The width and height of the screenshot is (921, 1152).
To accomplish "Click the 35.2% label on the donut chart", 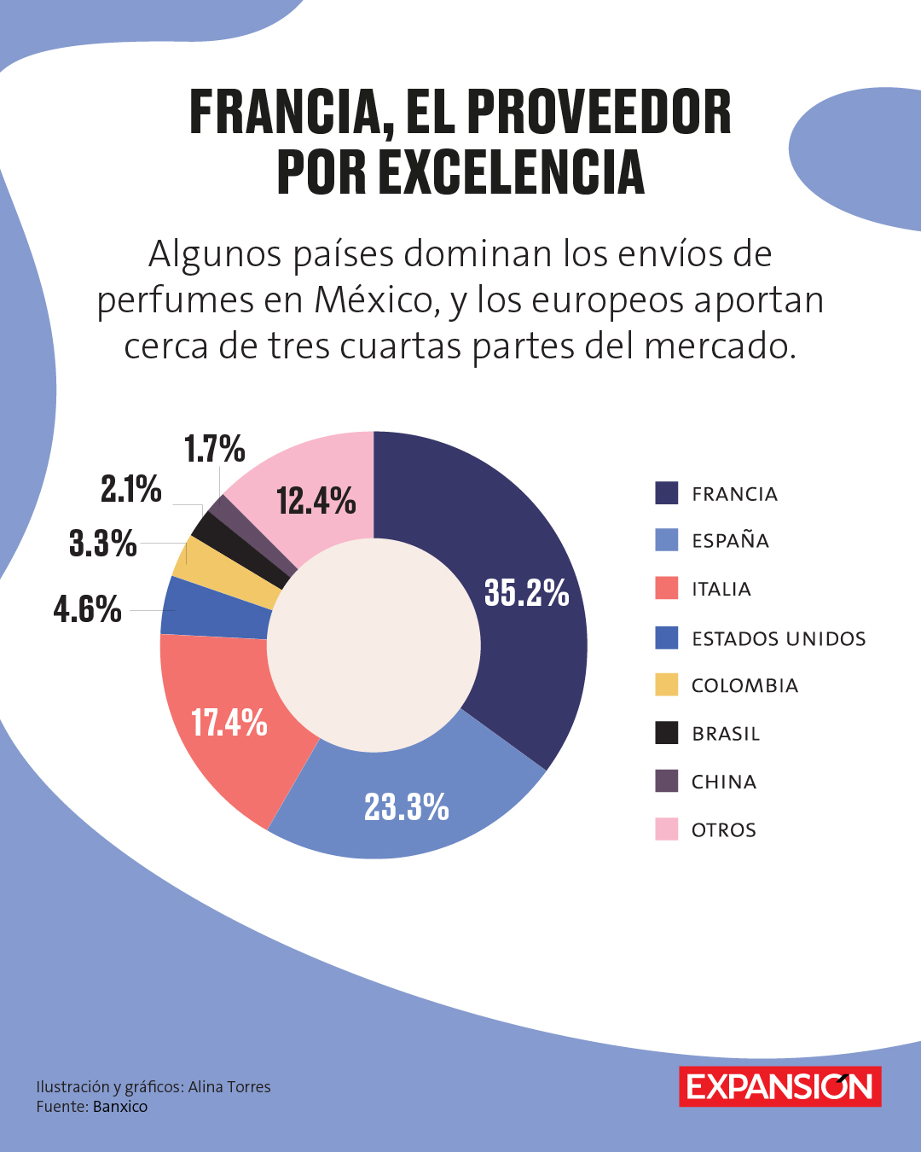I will pyautogui.click(x=526, y=592).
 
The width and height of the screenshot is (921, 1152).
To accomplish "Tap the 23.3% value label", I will pyautogui.click(x=407, y=806).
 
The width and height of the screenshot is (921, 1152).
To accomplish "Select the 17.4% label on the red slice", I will pyautogui.click(x=229, y=723).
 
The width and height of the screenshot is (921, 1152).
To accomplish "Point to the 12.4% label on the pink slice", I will pyautogui.click(x=316, y=501).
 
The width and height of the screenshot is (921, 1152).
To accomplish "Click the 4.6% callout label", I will pyautogui.click(x=87, y=609).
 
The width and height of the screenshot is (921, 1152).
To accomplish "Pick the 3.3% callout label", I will pyautogui.click(x=102, y=543).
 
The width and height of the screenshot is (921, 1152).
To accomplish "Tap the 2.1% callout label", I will pyautogui.click(x=130, y=489).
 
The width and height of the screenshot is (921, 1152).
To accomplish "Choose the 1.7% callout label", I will pyautogui.click(x=214, y=449).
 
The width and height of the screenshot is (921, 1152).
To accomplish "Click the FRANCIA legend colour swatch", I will pyautogui.click(x=666, y=493).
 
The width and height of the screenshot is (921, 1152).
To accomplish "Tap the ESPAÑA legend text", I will pyautogui.click(x=730, y=541).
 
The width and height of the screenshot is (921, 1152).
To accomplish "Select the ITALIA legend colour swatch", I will pyautogui.click(x=666, y=589).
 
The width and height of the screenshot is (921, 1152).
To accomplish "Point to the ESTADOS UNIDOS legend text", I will pyautogui.click(x=779, y=638).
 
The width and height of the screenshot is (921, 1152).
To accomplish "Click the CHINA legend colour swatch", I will pyautogui.click(x=666, y=781).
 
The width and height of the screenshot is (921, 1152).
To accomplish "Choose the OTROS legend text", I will pyautogui.click(x=723, y=830).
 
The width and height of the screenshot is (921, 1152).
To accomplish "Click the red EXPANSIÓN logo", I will pyautogui.click(x=779, y=1086).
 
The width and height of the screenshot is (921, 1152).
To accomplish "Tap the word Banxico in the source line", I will pyautogui.click(x=120, y=1107).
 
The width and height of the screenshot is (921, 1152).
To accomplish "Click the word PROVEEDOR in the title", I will pyautogui.click(x=599, y=113).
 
